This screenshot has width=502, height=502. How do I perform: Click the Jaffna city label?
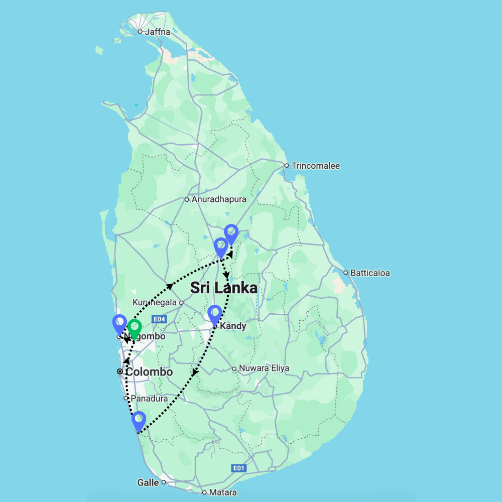[x=157, y=32]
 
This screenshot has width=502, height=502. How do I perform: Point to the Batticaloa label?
[x=370, y=274]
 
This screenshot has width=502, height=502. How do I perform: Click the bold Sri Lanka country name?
[x=223, y=288]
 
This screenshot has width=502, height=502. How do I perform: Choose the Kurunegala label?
[x=155, y=303]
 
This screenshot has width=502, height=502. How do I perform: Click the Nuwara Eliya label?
[x=264, y=368]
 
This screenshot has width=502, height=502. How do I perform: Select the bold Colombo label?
[x=149, y=372]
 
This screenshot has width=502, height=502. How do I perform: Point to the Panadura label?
[x=149, y=398]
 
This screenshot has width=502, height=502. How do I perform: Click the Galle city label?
[x=148, y=482]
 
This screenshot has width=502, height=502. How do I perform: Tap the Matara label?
[x=223, y=492]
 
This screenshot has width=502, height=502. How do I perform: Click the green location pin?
[x=134, y=329]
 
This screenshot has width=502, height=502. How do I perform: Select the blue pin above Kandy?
[x=214, y=315]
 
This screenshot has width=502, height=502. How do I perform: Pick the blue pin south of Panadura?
[x=139, y=421]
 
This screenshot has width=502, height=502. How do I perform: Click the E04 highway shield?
[x=159, y=319]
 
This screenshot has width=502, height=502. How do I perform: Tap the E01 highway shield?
[x=239, y=468]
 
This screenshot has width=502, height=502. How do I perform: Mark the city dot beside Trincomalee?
[x=286, y=166]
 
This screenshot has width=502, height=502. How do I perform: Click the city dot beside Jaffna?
[x=140, y=32]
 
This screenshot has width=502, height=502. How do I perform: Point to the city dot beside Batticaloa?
[x=346, y=273]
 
